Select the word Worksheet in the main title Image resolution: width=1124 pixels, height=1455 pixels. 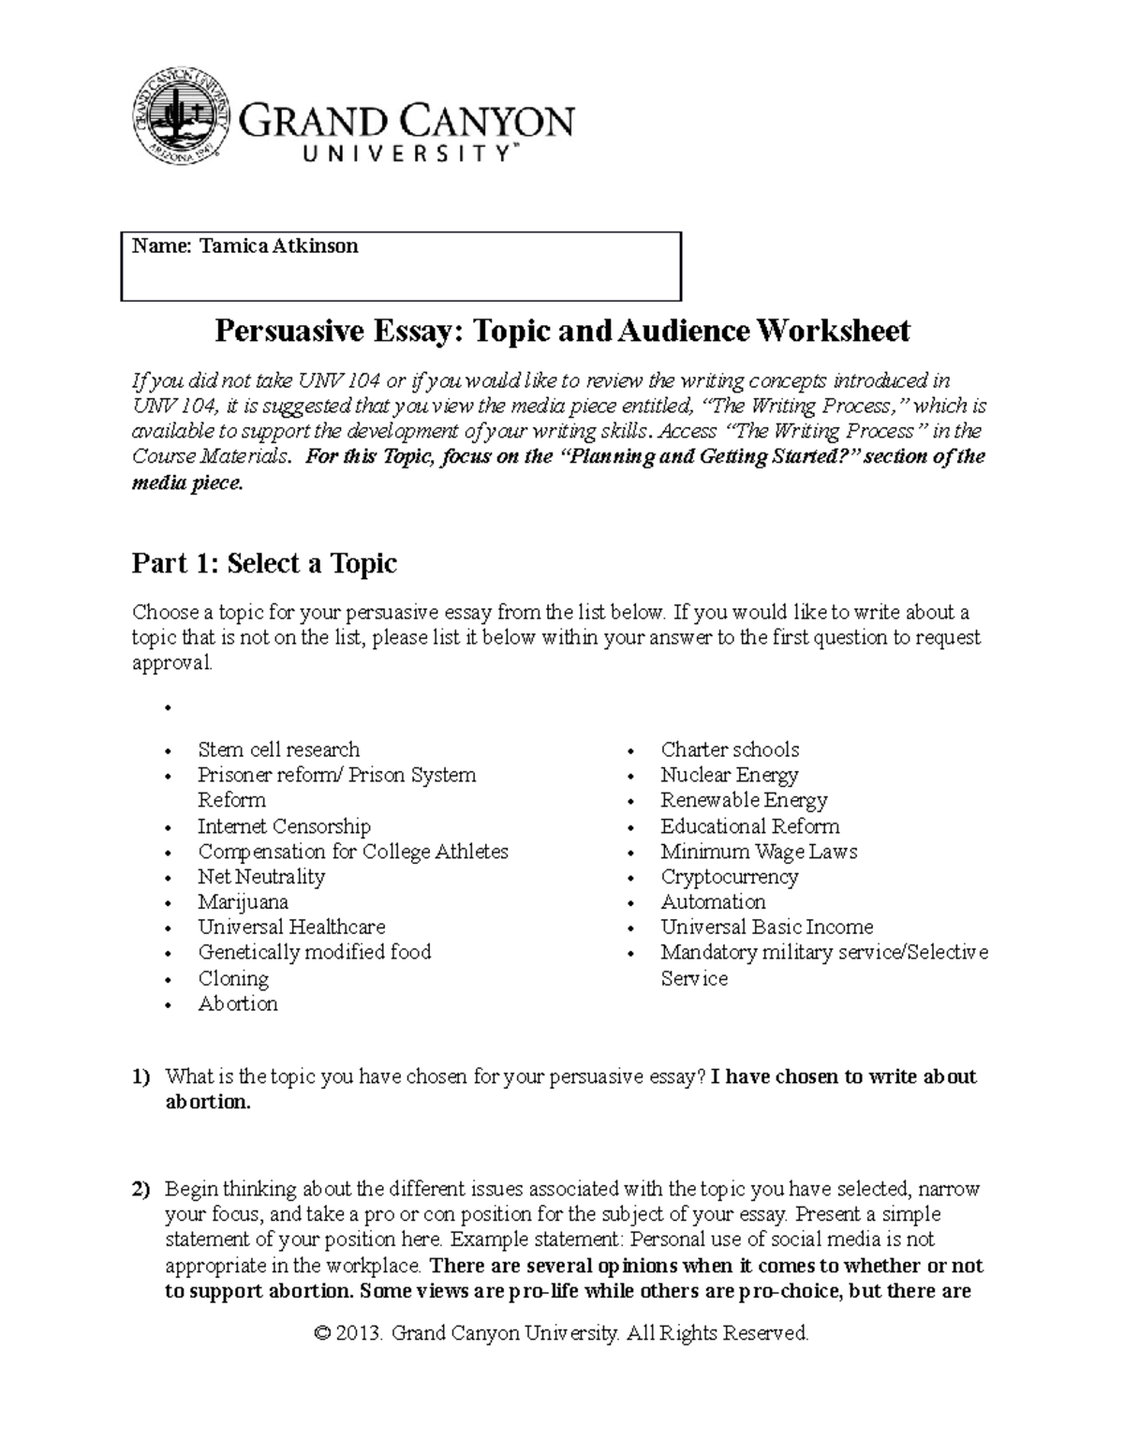pos(833,331)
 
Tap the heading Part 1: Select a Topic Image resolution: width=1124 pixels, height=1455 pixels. pos(264,563)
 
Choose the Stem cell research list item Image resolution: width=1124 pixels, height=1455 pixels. pos(278,750)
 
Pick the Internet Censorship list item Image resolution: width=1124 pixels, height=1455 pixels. pos(284,826)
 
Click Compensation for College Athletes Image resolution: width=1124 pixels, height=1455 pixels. pos(353,852)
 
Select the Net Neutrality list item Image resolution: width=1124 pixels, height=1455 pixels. pos(261,877)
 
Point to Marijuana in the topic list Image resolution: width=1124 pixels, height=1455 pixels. pos(243,902)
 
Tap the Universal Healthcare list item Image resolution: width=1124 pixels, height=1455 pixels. pos(291,928)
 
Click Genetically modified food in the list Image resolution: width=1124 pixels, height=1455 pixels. pos(315,953)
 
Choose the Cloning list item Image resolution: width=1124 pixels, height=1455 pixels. pos(233,978)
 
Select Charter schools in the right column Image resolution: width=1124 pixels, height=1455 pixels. pos(730,750)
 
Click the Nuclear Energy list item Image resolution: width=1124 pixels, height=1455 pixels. pos(729,775)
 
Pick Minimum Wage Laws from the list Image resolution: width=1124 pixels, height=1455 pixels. pos(759,852)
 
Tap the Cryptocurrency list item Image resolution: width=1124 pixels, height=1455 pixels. pos(729,877)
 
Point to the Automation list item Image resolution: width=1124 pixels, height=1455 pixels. pos(713,902)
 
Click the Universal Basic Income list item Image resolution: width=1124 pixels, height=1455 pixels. pos(767,928)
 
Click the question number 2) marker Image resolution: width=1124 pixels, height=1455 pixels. pos(140,1190)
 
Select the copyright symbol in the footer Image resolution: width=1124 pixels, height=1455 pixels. pos(324,1333)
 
